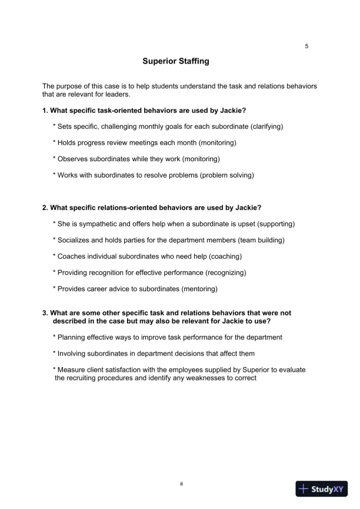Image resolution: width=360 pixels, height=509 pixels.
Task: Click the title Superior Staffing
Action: click(175, 61)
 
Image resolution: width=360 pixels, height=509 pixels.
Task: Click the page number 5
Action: click(306, 46)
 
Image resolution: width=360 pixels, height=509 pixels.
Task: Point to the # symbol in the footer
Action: click(182, 484)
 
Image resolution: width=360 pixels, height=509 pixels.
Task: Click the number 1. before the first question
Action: click(45, 111)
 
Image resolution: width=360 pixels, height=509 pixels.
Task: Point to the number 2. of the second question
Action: click(45, 208)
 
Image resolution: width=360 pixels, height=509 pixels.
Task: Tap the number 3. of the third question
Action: click(45, 314)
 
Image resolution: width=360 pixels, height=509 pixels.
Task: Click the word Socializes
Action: click(75, 240)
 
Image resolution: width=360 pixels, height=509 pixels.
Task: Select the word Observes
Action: click(74, 159)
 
